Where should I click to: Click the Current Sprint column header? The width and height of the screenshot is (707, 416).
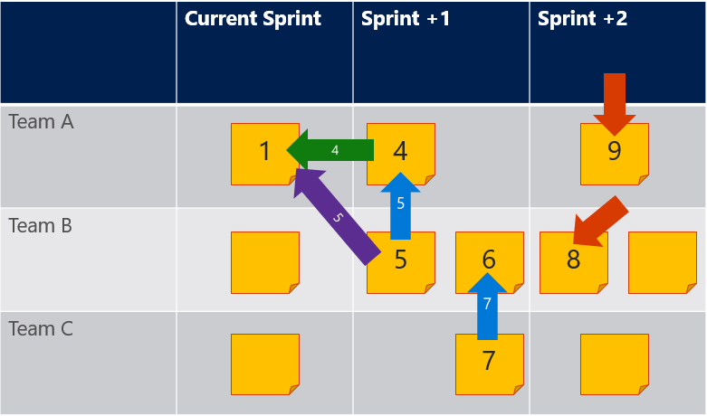253,19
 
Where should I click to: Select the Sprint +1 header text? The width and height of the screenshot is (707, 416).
405,19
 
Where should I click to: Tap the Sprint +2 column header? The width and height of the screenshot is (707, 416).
582,19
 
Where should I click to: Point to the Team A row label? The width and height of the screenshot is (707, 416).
41,121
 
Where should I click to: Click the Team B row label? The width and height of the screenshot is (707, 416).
41,225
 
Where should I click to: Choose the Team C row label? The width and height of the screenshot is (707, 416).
41,328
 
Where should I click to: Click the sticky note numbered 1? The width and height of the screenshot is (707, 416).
265,154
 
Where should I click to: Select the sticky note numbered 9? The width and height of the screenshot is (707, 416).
615,154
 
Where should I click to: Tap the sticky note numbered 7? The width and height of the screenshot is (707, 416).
490,364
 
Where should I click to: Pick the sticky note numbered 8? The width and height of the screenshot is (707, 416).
574,262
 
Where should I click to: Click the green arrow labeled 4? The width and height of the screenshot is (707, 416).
330,150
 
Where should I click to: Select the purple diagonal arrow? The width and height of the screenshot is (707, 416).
338,217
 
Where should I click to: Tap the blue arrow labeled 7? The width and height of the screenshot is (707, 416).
487,307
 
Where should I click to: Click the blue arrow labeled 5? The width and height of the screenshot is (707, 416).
400,206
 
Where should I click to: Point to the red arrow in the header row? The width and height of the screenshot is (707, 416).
615,104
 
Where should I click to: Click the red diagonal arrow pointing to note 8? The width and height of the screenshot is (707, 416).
600,222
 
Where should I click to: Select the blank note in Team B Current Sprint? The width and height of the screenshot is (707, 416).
265,262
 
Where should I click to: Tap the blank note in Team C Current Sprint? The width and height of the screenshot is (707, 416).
265,364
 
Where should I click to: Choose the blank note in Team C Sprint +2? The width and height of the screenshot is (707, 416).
615,364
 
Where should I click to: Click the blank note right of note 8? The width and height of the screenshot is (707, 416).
663,262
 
